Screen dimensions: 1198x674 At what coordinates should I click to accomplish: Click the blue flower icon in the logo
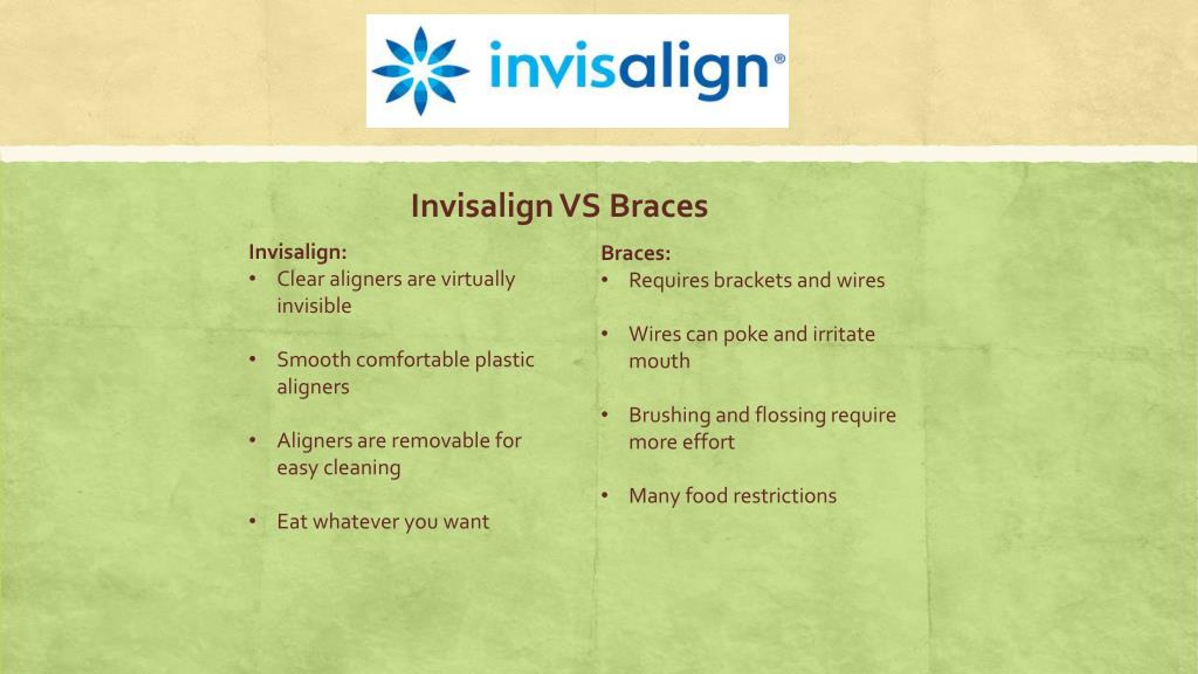click(x=420, y=71)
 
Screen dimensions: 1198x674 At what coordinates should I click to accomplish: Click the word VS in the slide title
click(x=580, y=206)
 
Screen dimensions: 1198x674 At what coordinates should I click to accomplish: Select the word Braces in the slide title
click(x=658, y=206)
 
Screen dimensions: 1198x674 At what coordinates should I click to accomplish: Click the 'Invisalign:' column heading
click(x=298, y=252)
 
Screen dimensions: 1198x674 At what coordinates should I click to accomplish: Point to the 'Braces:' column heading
click(x=636, y=253)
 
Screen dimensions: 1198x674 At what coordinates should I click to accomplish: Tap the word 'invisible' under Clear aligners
click(x=314, y=306)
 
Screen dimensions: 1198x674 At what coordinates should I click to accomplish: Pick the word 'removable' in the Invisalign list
click(x=434, y=440)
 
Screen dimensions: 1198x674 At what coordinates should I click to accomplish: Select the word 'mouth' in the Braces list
click(x=659, y=361)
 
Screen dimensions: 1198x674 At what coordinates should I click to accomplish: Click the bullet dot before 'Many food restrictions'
click(x=605, y=496)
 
